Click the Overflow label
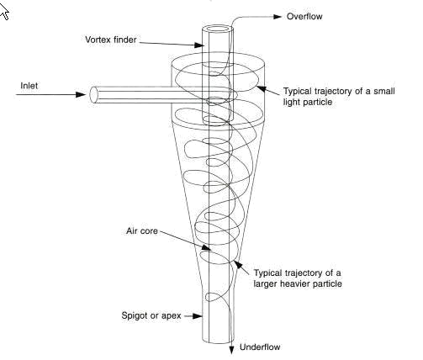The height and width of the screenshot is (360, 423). click(304, 16)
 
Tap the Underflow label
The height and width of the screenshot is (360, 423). click(260, 347)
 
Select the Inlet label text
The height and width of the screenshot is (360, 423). click(29, 86)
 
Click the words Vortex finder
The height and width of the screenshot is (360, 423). click(111, 40)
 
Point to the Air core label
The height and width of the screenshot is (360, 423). click(142, 231)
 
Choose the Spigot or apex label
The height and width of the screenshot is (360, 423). click(151, 315)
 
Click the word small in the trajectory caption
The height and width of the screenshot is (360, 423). click(383, 91)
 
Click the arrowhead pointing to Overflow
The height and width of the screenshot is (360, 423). click(278, 17)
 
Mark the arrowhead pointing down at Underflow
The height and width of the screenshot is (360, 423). click(231, 350)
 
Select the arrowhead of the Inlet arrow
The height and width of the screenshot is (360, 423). click(81, 94)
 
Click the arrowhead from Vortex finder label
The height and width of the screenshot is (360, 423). click(198, 45)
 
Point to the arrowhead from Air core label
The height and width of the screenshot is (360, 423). click(206, 247)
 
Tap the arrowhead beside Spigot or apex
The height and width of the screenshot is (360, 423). click(198, 316)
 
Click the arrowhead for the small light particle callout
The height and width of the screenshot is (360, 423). click(261, 88)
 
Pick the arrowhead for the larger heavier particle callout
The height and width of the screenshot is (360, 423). click(238, 264)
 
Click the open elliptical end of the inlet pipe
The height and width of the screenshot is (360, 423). click(93, 94)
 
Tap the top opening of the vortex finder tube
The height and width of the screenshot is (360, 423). click(218, 29)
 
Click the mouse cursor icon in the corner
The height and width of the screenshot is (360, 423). click(4, 12)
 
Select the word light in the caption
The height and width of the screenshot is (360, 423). click(292, 102)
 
